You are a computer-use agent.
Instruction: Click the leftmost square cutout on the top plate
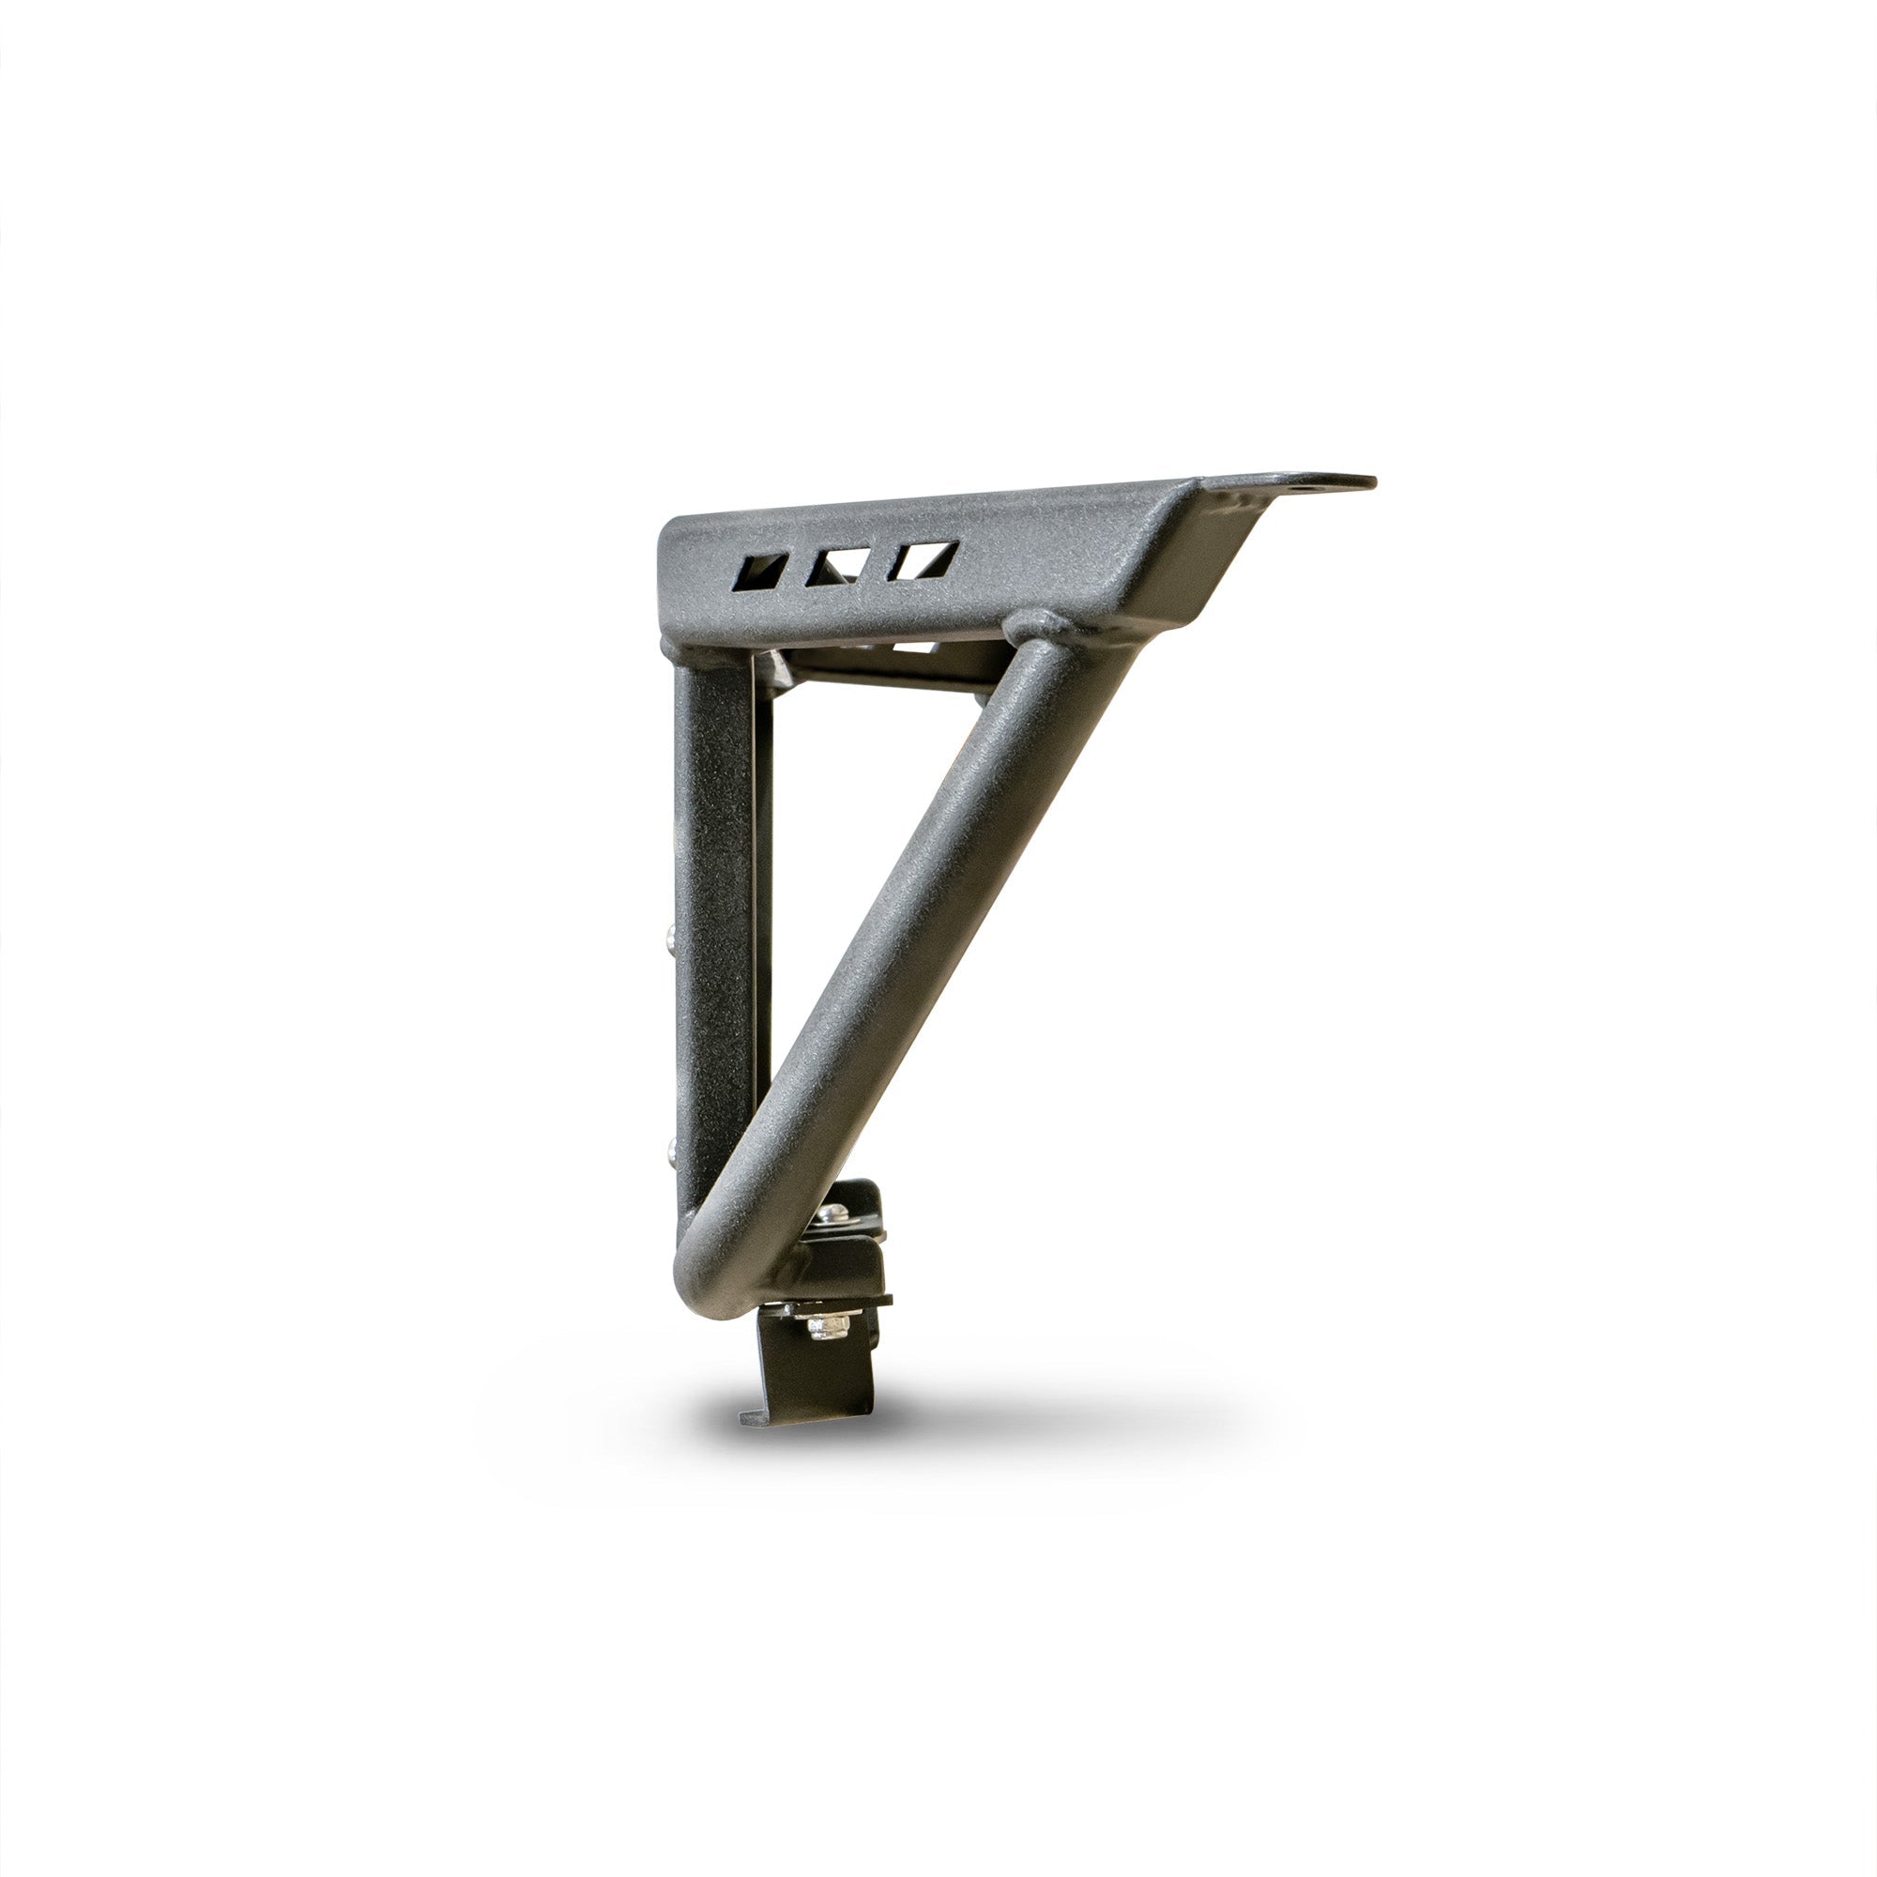762,573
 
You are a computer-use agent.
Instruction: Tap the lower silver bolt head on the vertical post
671,1152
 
